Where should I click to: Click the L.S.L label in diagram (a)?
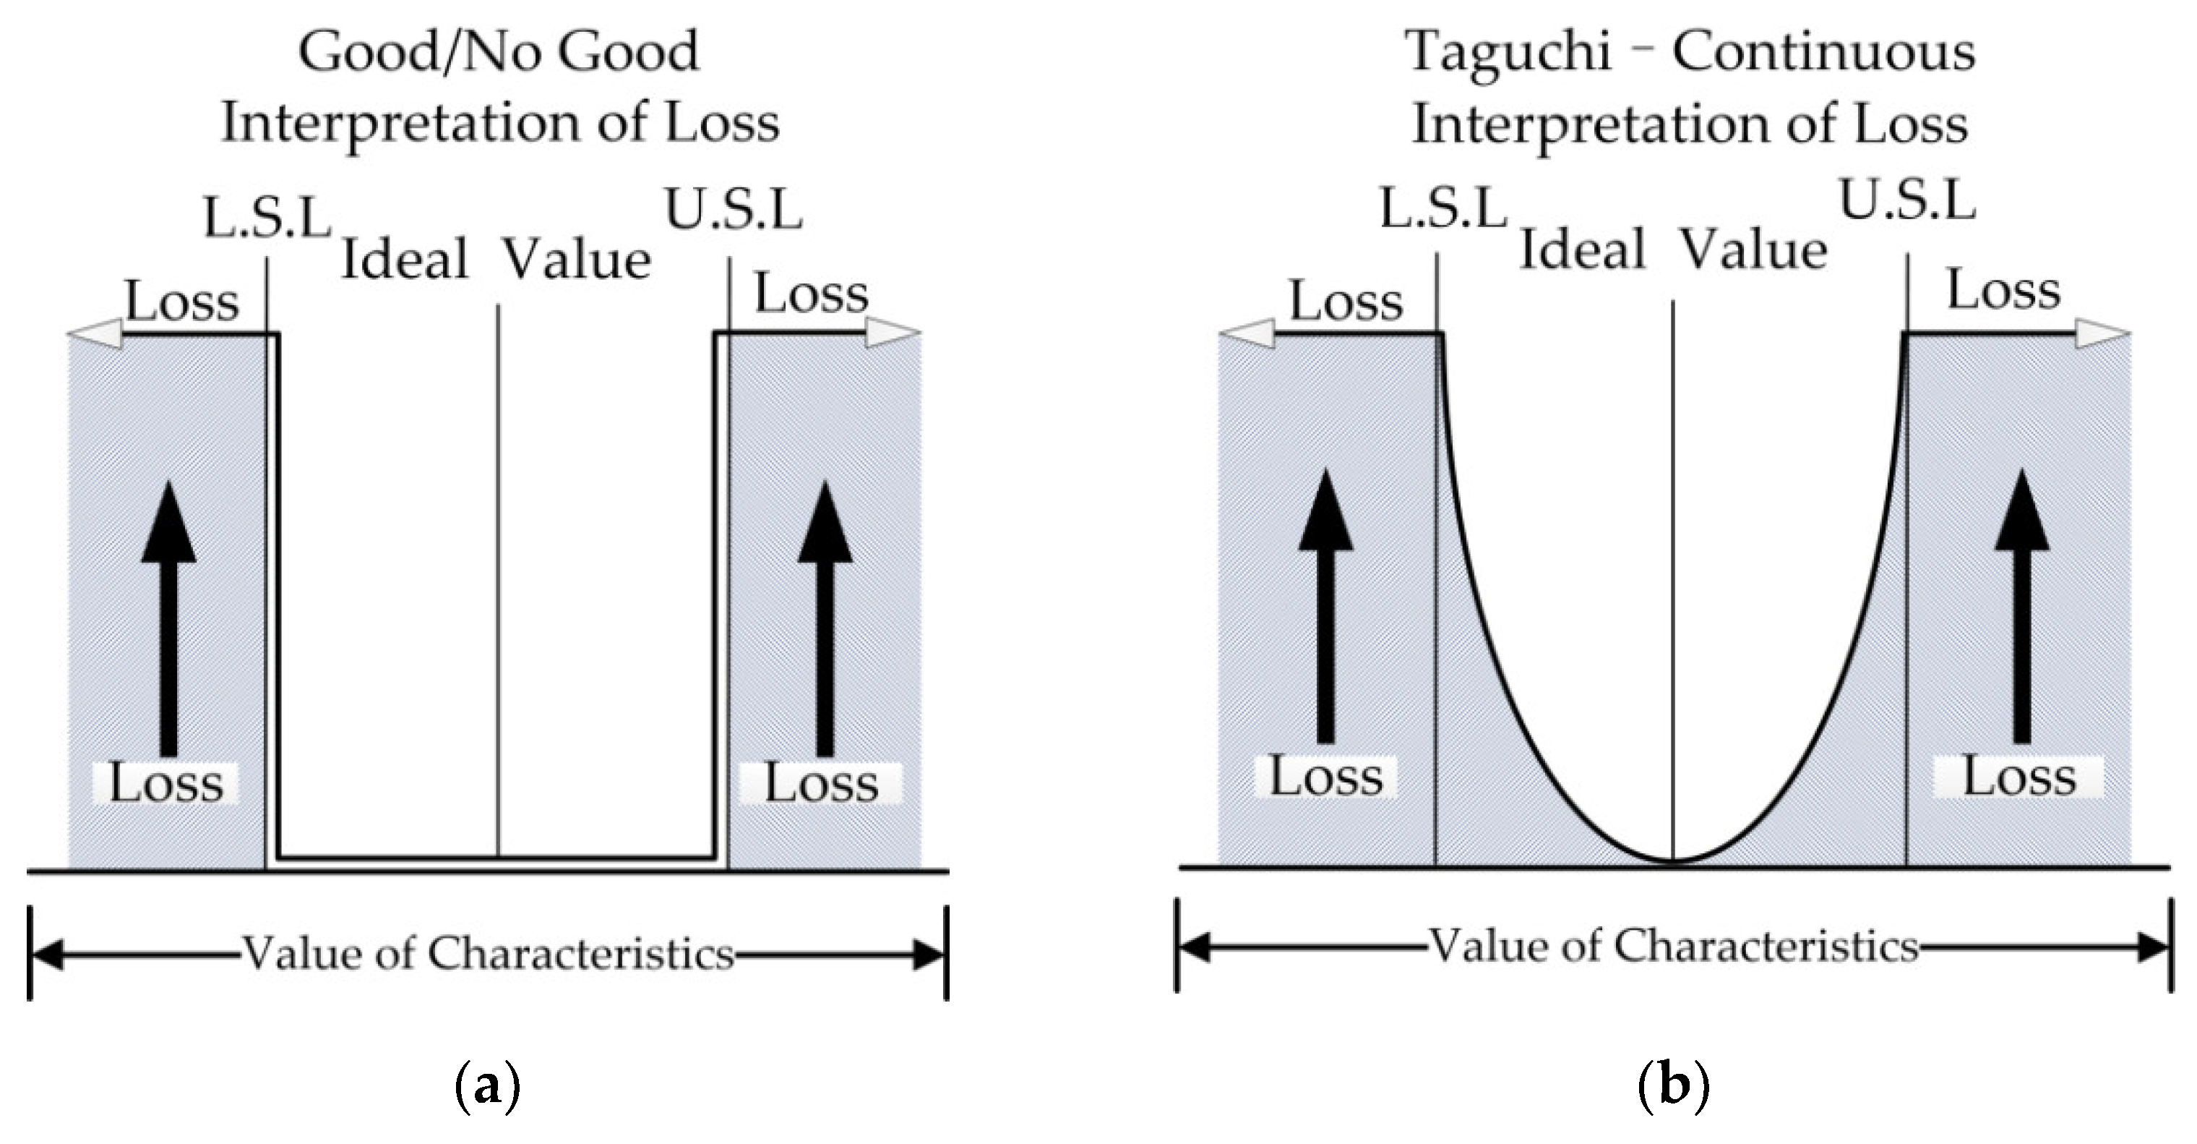click(267, 218)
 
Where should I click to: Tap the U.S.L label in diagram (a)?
click(734, 210)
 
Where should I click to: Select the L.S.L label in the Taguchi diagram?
click(1443, 209)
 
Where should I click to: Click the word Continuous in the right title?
click(1823, 51)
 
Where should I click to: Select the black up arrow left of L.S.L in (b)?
click(1325, 606)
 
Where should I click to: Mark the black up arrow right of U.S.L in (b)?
click(2022, 606)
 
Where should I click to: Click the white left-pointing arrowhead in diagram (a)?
click(94, 333)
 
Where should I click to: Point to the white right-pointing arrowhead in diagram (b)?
click(2102, 333)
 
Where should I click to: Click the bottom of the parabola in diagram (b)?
click(1673, 860)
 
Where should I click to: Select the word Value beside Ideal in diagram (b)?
click(1753, 251)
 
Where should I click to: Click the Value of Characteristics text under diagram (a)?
click(488, 954)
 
